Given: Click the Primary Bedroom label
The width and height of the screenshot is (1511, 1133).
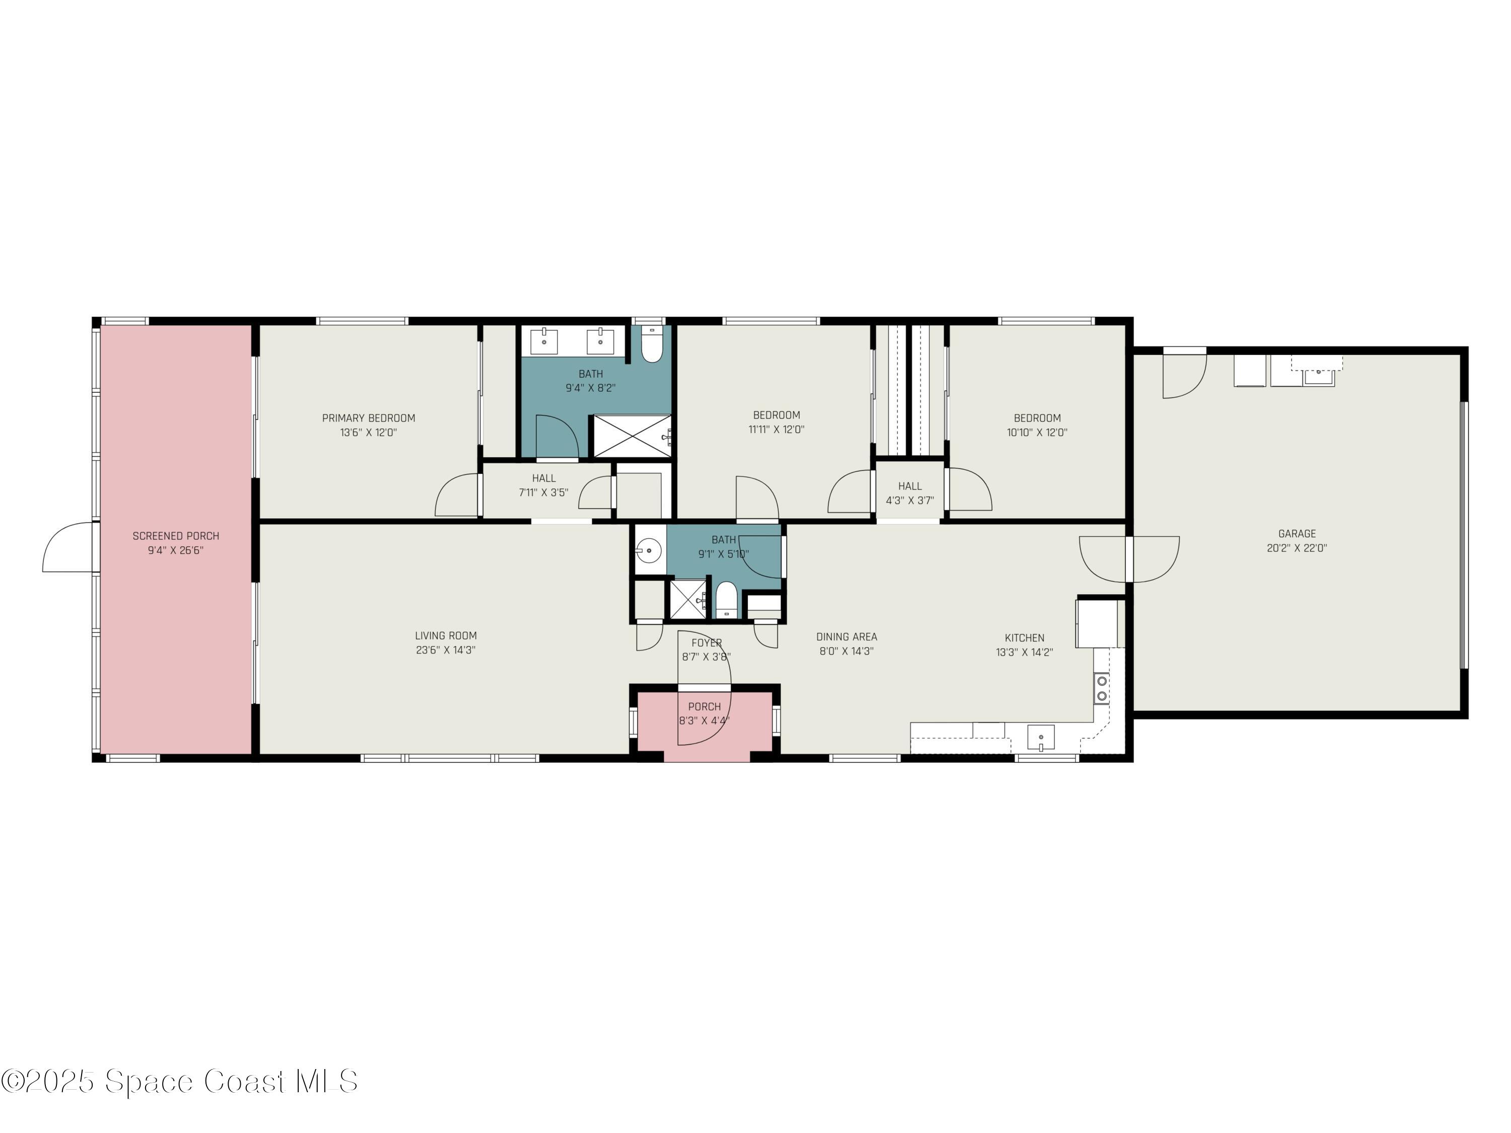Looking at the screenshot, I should tap(368, 418).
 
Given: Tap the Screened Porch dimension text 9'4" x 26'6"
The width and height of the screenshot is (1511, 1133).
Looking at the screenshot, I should tap(176, 550).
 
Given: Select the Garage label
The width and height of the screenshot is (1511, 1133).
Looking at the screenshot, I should tap(1296, 533).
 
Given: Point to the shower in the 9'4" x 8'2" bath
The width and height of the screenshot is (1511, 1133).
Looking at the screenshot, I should tap(631, 436).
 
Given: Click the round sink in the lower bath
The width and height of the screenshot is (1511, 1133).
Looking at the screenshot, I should tap(649, 549).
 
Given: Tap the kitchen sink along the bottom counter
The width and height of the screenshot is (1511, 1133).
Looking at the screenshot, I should tap(1041, 738).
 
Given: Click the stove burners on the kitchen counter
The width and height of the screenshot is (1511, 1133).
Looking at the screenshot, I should tap(1101, 688).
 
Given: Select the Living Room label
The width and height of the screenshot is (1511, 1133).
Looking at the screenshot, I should tap(445, 635).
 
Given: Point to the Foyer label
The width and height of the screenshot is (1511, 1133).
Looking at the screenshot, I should tap(706, 643).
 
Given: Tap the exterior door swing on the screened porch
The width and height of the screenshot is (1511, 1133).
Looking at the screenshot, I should tap(68, 546).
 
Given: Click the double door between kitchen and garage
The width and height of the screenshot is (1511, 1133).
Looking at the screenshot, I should tap(1129, 558).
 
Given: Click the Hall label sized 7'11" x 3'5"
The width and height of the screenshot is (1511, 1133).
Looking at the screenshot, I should tap(544, 478).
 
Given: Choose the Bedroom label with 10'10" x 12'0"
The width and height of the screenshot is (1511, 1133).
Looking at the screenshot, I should tap(1037, 418).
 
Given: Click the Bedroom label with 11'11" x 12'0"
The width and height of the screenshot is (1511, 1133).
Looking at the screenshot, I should tap(776, 414).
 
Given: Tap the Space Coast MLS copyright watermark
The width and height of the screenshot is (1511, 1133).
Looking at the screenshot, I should tap(179, 1081).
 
